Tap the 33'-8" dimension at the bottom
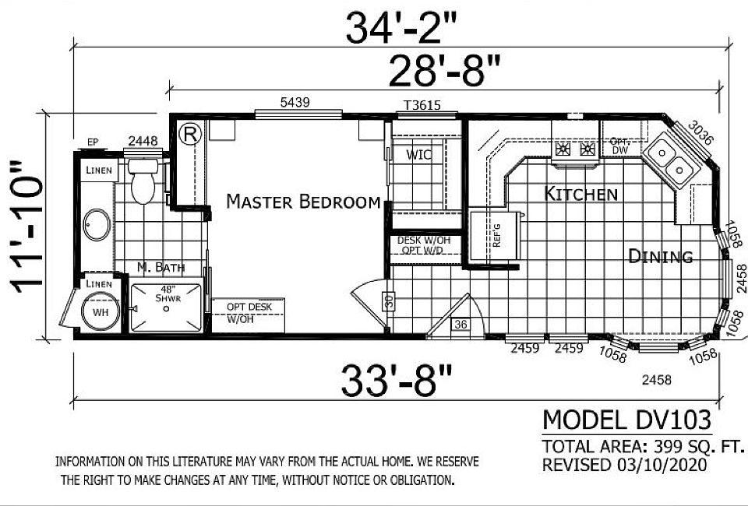click(396, 381)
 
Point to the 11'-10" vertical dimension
click(28, 228)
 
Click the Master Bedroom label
click(303, 202)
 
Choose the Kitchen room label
click(580, 194)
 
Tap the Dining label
click(661, 256)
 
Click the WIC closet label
click(418, 155)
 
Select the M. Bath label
click(161, 268)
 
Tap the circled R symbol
click(189, 133)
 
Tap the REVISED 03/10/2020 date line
click(624, 465)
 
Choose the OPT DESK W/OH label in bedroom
click(249, 312)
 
